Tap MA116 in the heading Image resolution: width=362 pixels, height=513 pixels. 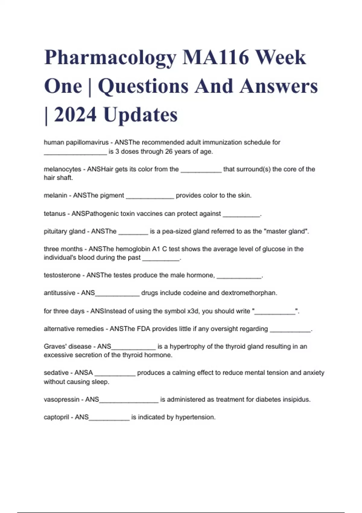pos(216,57)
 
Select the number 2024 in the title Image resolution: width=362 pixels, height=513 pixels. pos(75,115)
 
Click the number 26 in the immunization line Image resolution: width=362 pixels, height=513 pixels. pos(169,151)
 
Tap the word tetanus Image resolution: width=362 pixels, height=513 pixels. pos(55,214)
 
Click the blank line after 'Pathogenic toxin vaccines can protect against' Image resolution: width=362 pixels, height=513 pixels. pos(241,215)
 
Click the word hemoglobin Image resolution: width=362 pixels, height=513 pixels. pos(133,249)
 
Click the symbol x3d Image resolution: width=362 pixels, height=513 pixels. pos(193,311)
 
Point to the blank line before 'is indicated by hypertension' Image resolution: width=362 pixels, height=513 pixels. pos(109,419)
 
